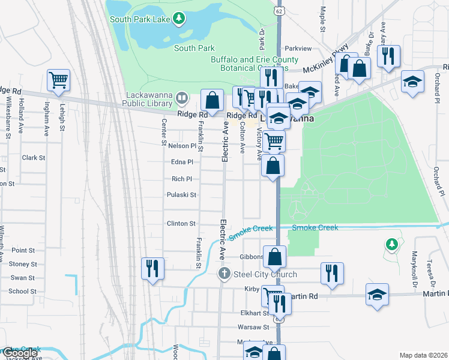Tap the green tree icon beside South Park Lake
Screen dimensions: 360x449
point(178,19)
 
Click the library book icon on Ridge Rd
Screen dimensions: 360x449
point(182,97)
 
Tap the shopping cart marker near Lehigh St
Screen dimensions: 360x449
point(58,80)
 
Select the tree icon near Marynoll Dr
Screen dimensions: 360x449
point(391,244)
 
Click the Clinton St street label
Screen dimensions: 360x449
point(181,224)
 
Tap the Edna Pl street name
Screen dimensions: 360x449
point(182,162)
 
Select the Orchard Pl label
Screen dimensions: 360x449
point(440,180)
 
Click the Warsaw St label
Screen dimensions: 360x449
point(253,328)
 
